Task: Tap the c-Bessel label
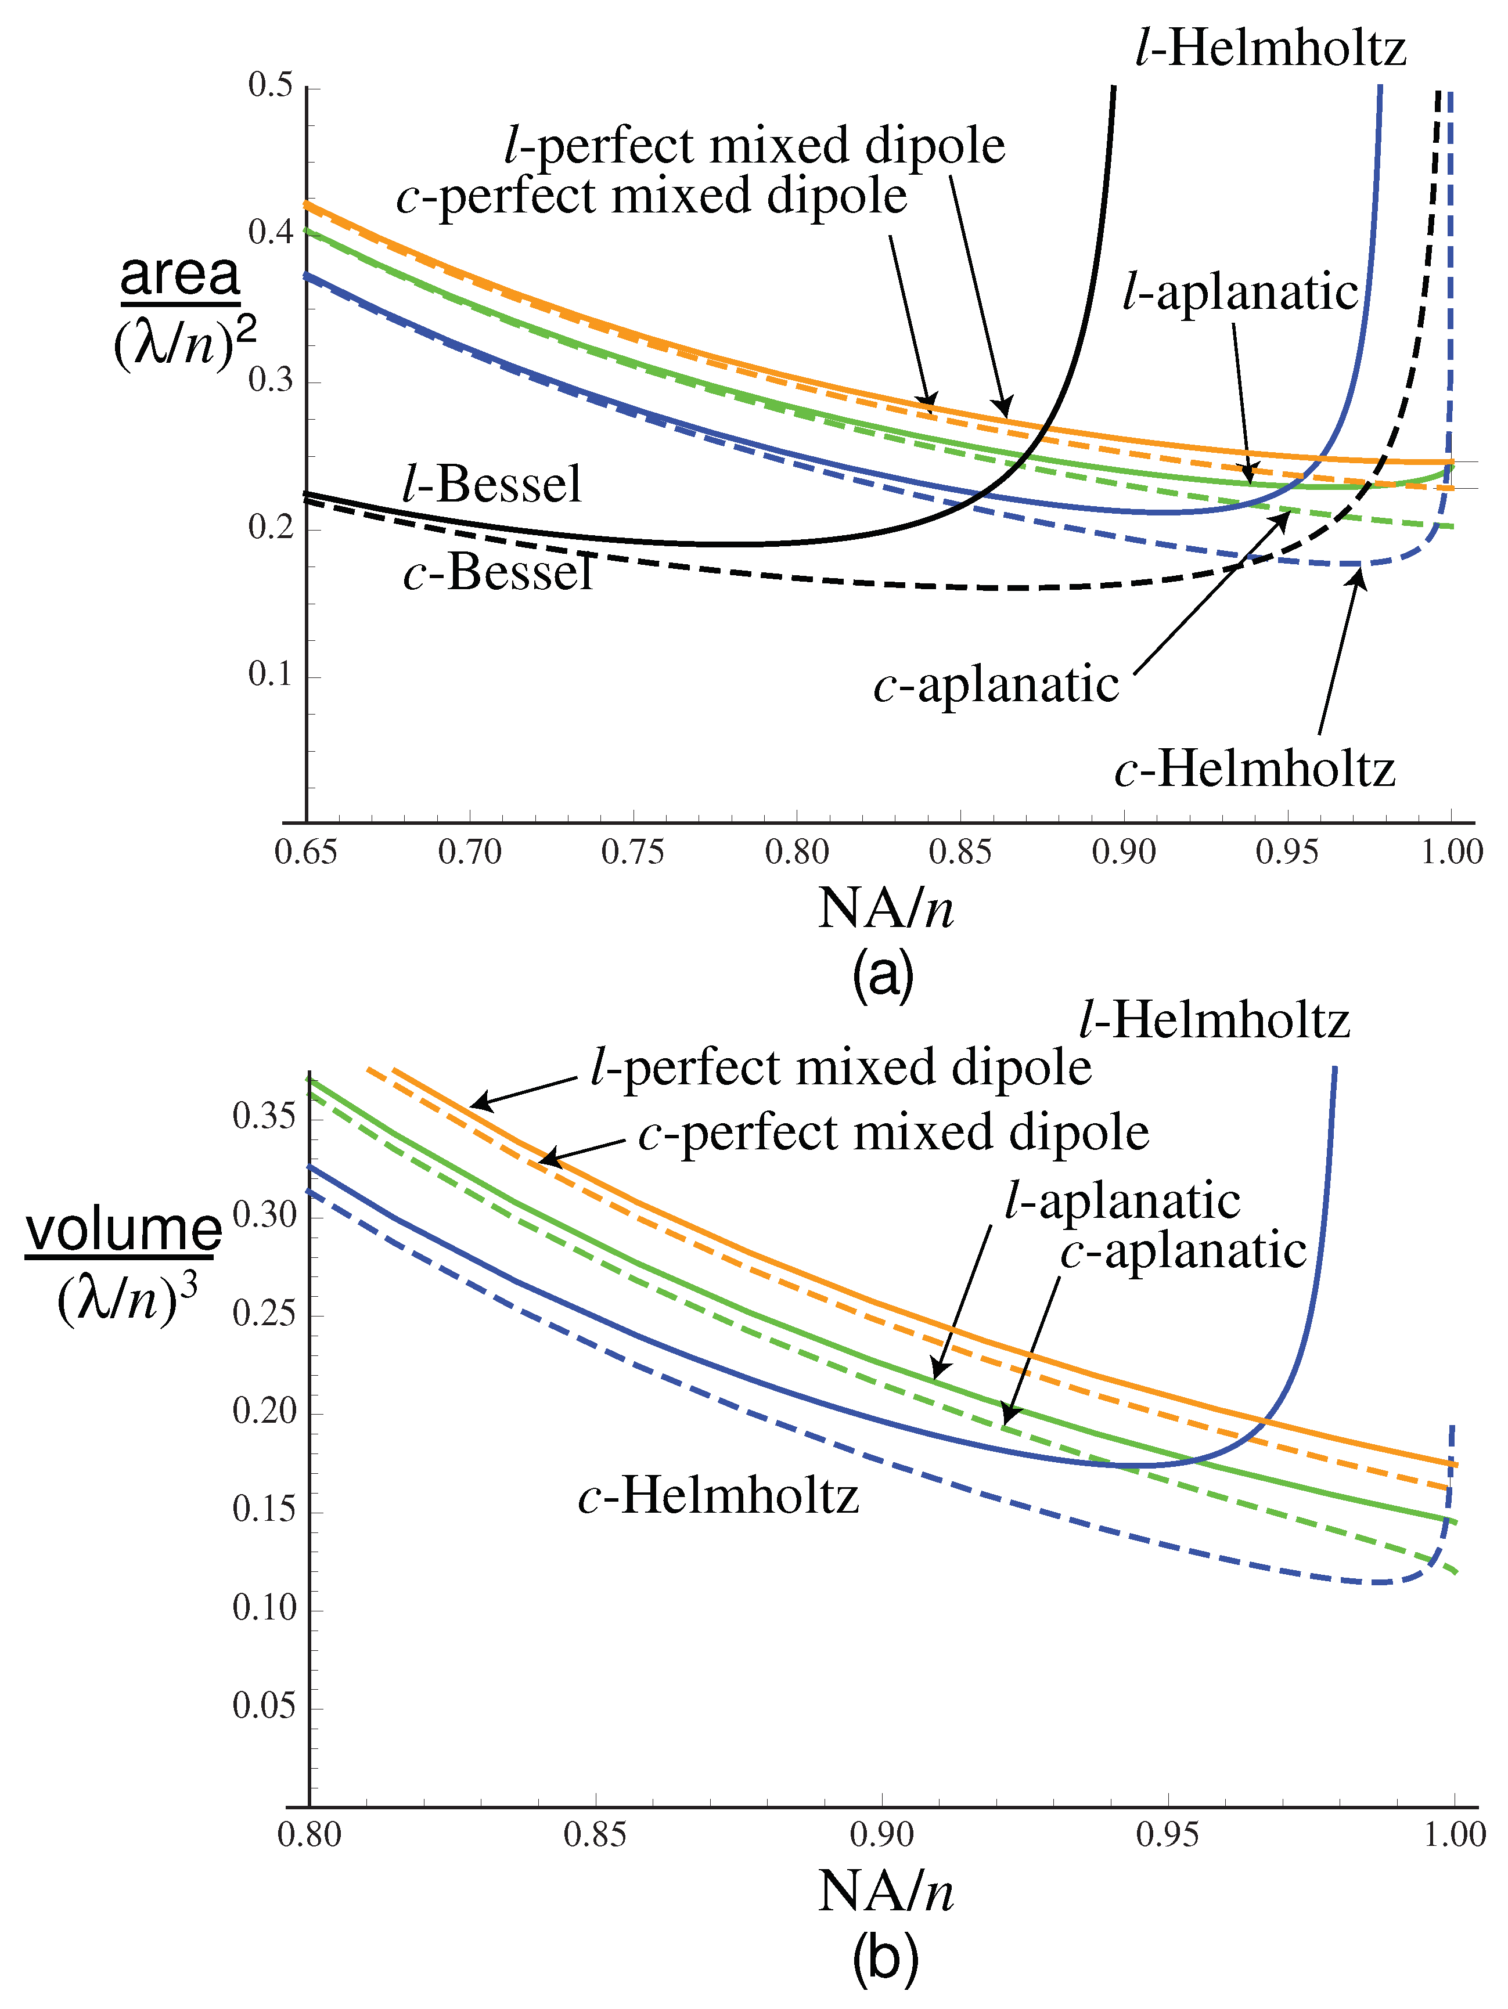click(498, 572)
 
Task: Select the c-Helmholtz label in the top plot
click(1254, 769)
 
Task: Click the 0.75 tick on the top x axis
click(633, 852)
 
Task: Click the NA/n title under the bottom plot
click(886, 1893)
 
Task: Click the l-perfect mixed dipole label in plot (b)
click(840, 1066)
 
